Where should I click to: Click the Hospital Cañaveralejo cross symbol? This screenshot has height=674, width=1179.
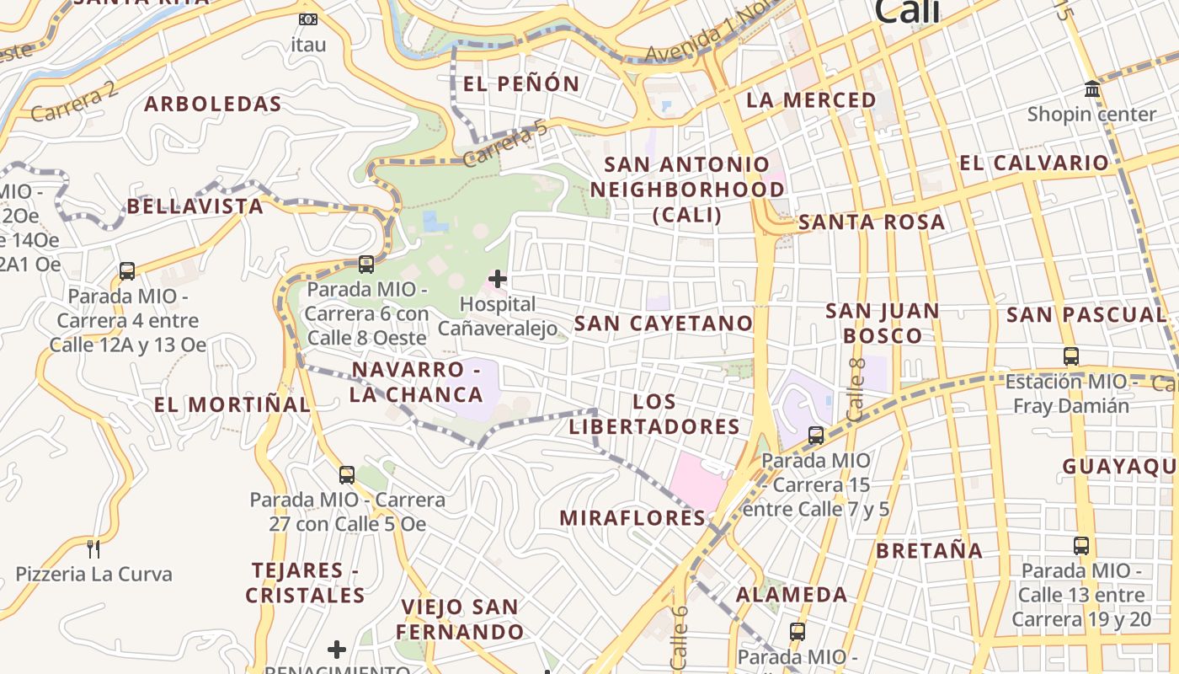(498, 278)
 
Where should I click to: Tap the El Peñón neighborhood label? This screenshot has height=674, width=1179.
(521, 83)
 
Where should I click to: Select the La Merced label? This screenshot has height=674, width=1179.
(811, 100)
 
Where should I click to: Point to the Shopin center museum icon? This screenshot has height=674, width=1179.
(1092, 88)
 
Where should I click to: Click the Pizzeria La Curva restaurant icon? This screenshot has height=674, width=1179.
(93, 549)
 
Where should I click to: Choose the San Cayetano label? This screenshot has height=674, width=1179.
(664, 324)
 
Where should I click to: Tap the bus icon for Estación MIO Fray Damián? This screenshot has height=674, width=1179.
(1071, 356)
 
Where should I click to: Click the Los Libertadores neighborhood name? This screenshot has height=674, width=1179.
(654, 414)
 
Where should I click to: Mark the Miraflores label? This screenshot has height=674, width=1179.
(632, 518)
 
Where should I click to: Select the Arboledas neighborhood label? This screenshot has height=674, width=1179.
(212, 104)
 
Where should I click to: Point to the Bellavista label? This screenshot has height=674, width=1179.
(195, 206)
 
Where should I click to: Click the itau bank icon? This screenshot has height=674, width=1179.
(308, 19)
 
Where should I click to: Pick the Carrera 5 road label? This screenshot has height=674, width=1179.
(505, 144)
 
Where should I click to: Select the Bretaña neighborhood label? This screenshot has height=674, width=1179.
(929, 551)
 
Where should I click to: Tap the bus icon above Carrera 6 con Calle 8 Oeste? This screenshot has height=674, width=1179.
(366, 265)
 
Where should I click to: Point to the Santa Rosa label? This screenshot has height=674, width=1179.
(872, 222)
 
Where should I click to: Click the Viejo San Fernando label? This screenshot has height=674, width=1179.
(460, 618)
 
